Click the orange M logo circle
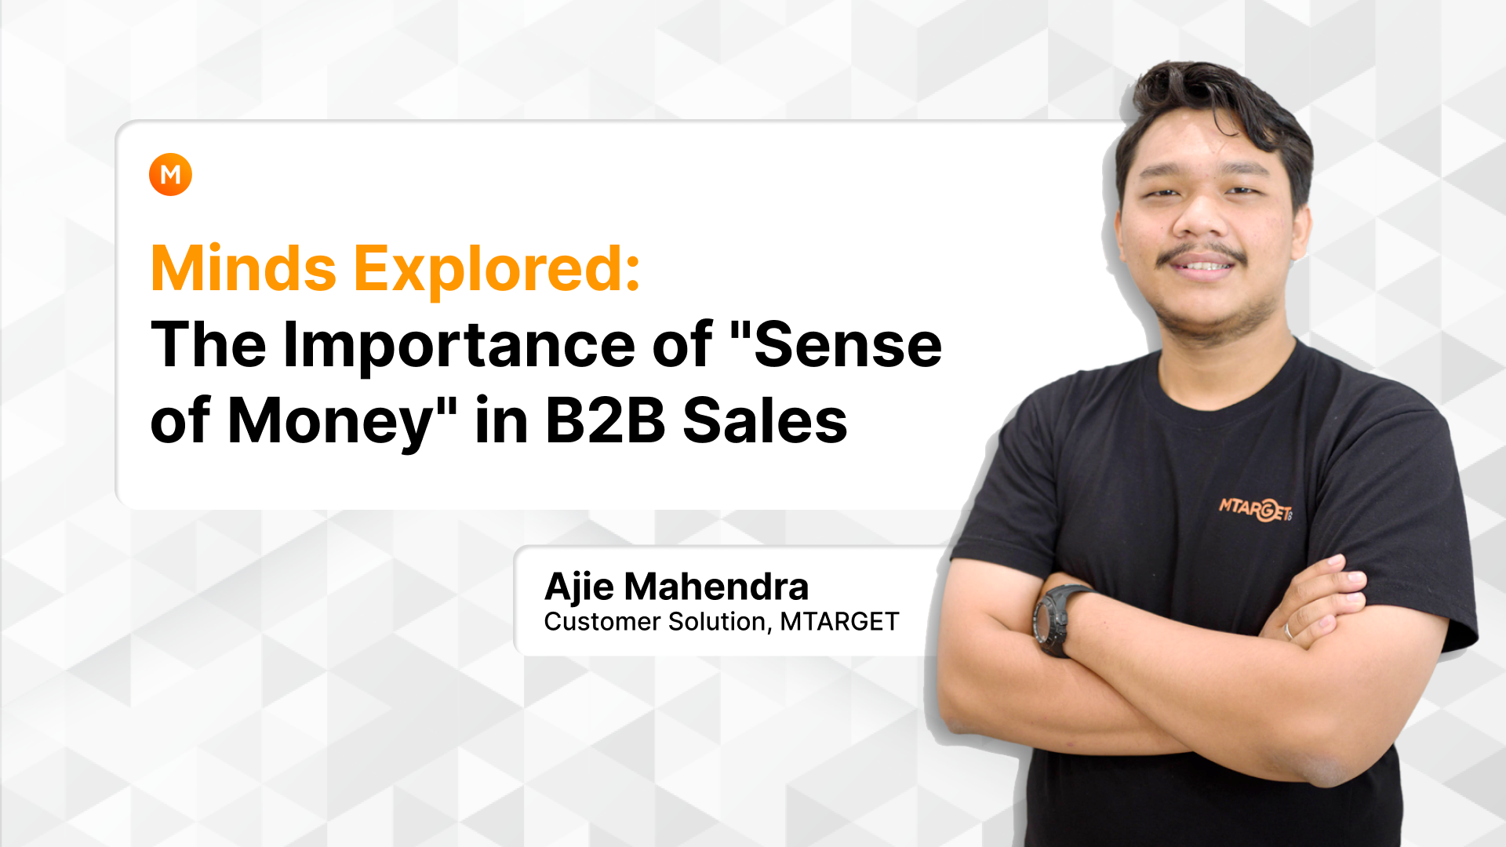pos(170,174)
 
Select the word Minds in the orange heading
pos(243,268)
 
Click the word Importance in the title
pos(459,346)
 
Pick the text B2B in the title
pos(605,421)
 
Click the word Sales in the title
pos(765,421)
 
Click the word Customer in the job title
pos(602,622)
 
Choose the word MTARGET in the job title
pos(839,622)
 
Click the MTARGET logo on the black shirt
pos(1255,509)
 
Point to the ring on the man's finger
pos(1287,631)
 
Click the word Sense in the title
pos(847,345)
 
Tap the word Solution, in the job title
pos(720,622)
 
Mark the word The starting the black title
pos(209,345)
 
